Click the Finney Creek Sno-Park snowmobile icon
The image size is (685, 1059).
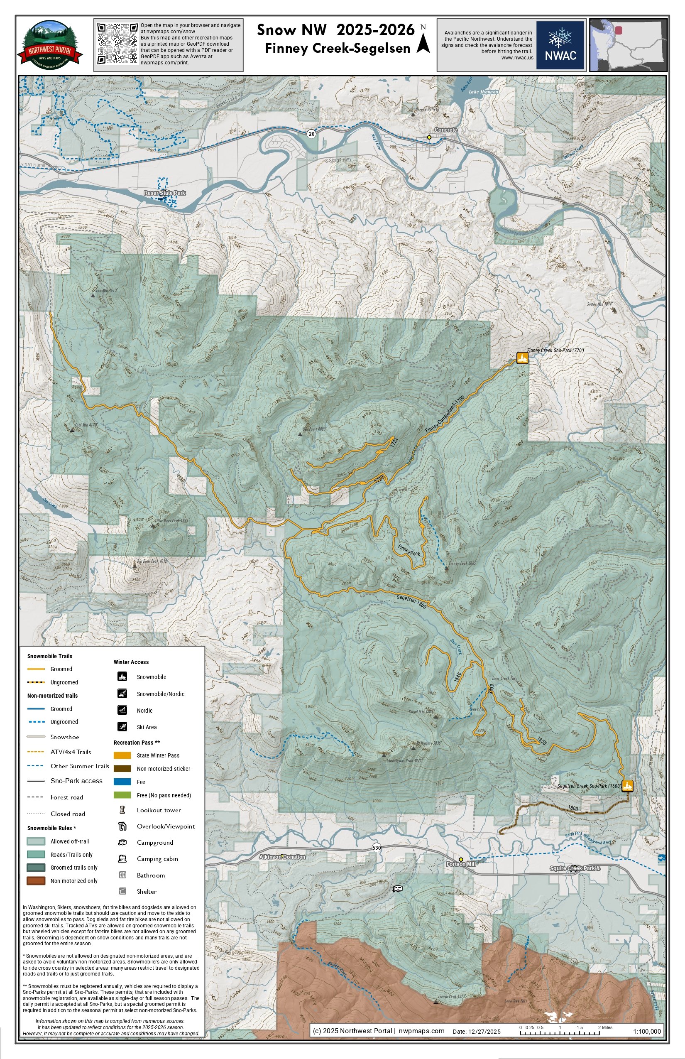click(522, 358)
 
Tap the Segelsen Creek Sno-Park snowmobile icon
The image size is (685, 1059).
click(627, 786)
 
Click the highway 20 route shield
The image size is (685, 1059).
click(311, 133)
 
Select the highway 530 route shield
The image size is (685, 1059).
click(376, 848)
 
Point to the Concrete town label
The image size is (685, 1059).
click(445, 130)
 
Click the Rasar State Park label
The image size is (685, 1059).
click(164, 193)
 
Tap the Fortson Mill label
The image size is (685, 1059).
click(461, 864)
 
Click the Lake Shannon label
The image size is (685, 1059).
click(484, 92)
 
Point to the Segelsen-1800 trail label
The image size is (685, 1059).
click(411, 602)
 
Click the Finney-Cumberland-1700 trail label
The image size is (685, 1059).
click(445, 414)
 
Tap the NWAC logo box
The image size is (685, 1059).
click(560, 45)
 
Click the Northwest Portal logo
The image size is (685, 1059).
click(50, 45)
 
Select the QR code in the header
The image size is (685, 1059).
click(117, 44)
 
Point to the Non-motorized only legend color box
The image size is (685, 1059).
click(36, 881)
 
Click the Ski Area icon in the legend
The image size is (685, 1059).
click(122, 727)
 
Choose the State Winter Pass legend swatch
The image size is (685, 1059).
click(122, 755)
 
